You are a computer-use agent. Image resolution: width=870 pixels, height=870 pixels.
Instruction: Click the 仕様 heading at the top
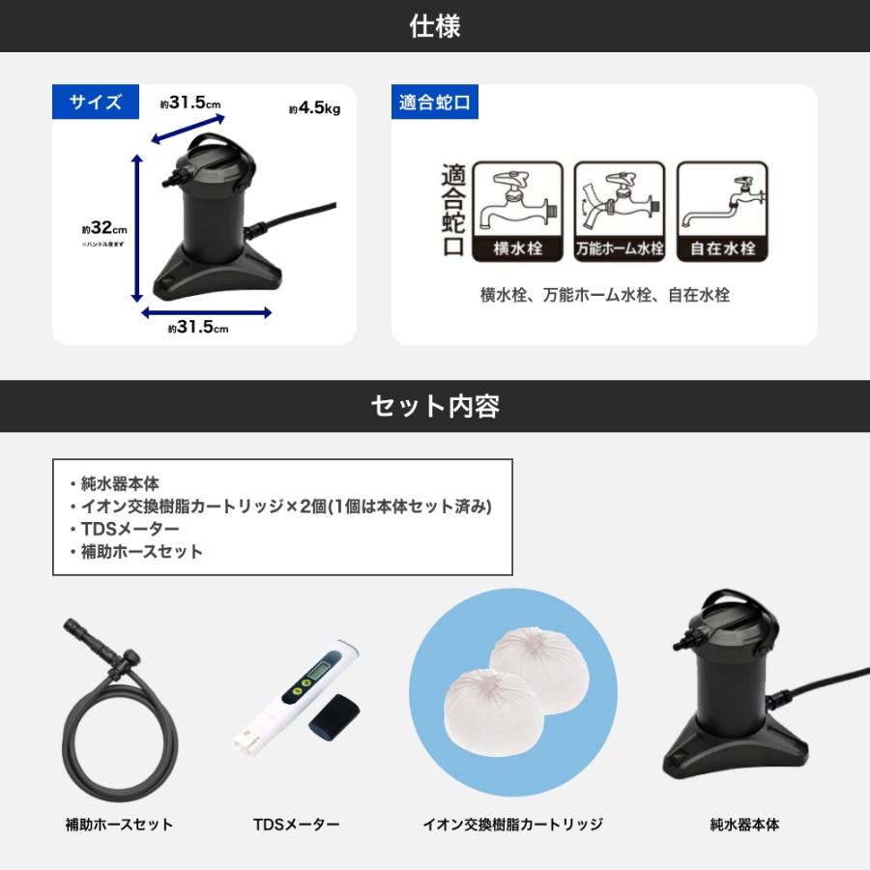point(434,26)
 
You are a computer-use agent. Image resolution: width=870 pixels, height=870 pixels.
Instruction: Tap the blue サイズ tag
point(95,102)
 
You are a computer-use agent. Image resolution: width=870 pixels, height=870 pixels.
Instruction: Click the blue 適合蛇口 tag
point(434,102)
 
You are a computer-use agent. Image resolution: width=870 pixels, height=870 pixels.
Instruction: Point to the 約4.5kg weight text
point(314,109)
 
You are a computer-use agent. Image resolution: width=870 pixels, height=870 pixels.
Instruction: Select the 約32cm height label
point(104,230)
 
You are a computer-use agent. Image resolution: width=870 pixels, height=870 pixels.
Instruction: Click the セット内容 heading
point(434,406)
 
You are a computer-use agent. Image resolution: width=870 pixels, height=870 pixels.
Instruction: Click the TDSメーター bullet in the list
point(130,529)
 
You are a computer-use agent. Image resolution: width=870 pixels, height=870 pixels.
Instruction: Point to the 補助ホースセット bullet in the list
point(141,552)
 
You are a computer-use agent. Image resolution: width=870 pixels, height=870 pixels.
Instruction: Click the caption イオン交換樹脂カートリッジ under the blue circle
point(512,825)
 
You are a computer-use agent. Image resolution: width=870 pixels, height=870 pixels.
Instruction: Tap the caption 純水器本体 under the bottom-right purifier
point(743,825)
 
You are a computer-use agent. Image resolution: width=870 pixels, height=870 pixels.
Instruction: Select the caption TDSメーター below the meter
point(297,825)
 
